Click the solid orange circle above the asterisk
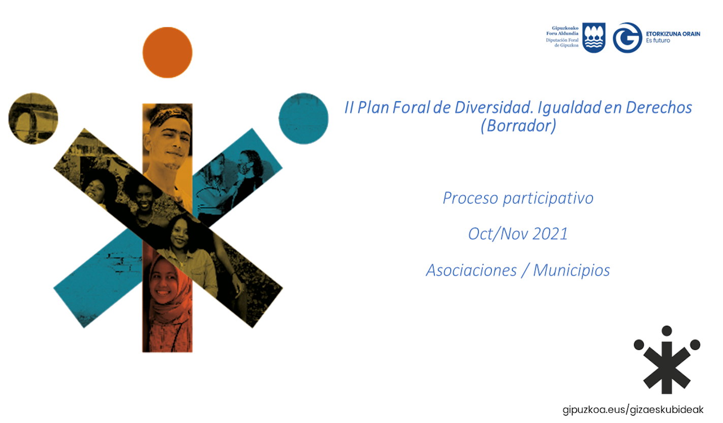tap(168, 52)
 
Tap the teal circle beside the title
tap(303, 118)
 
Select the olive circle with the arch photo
tap(33, 118)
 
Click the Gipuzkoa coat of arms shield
tap(594, 38)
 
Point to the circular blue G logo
tap(627, 38)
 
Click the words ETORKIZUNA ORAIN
tap(673, 34)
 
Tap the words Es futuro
tap(658, 41)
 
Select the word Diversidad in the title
tap(494, 107)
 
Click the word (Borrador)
tap(518, 126)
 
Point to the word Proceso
tap(470, 198)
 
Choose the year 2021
tap(550, 234)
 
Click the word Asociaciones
tap(471, 270)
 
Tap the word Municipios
tap(571, 270)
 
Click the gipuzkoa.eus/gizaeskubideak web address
tap(633, 410)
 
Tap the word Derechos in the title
tap(659, 107)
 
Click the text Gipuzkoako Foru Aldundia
tap(562, 31)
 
